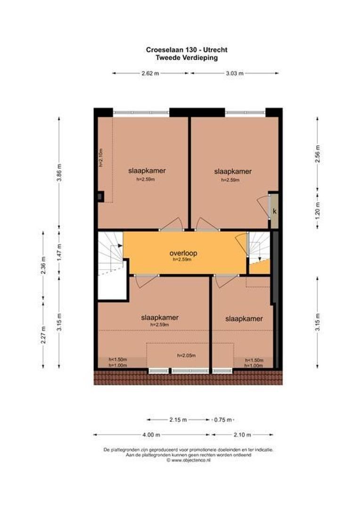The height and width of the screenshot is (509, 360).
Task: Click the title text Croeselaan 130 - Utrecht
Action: tap(187, 49)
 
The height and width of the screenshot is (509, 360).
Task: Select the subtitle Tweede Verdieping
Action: tap(187, 57)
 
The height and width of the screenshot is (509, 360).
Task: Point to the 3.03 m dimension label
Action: tap(234, 73)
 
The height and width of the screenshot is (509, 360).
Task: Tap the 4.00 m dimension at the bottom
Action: tap(151, 435)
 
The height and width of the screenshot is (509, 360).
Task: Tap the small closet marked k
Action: tap(274, 211)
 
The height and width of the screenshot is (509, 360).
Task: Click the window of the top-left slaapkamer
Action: tap(141, 113)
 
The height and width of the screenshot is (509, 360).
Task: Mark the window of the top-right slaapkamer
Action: tap(245, 113)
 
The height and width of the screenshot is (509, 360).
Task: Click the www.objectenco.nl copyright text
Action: tap(188, 460)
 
